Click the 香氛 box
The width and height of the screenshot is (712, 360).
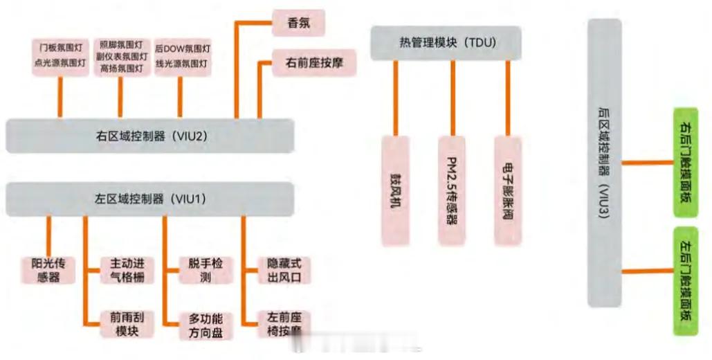click(x=298, y=23)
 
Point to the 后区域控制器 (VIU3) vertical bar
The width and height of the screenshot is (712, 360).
click(x=604, y=163)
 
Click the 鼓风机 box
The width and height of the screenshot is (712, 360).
click(x=396, y=190)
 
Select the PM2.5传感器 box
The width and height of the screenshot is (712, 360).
click(x=453, y=190)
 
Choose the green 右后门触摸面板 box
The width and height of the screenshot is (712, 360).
click(x=685, y=162)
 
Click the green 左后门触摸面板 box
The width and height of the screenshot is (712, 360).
click(x=685, y=280)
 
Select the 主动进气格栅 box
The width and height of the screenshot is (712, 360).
click(x=126, y=271)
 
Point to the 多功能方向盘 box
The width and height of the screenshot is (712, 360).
click(x=205, y=325)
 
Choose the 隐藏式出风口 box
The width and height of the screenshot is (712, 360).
click(x=284, y=271)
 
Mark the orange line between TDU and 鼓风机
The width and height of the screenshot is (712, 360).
click(x=396, y=97)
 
